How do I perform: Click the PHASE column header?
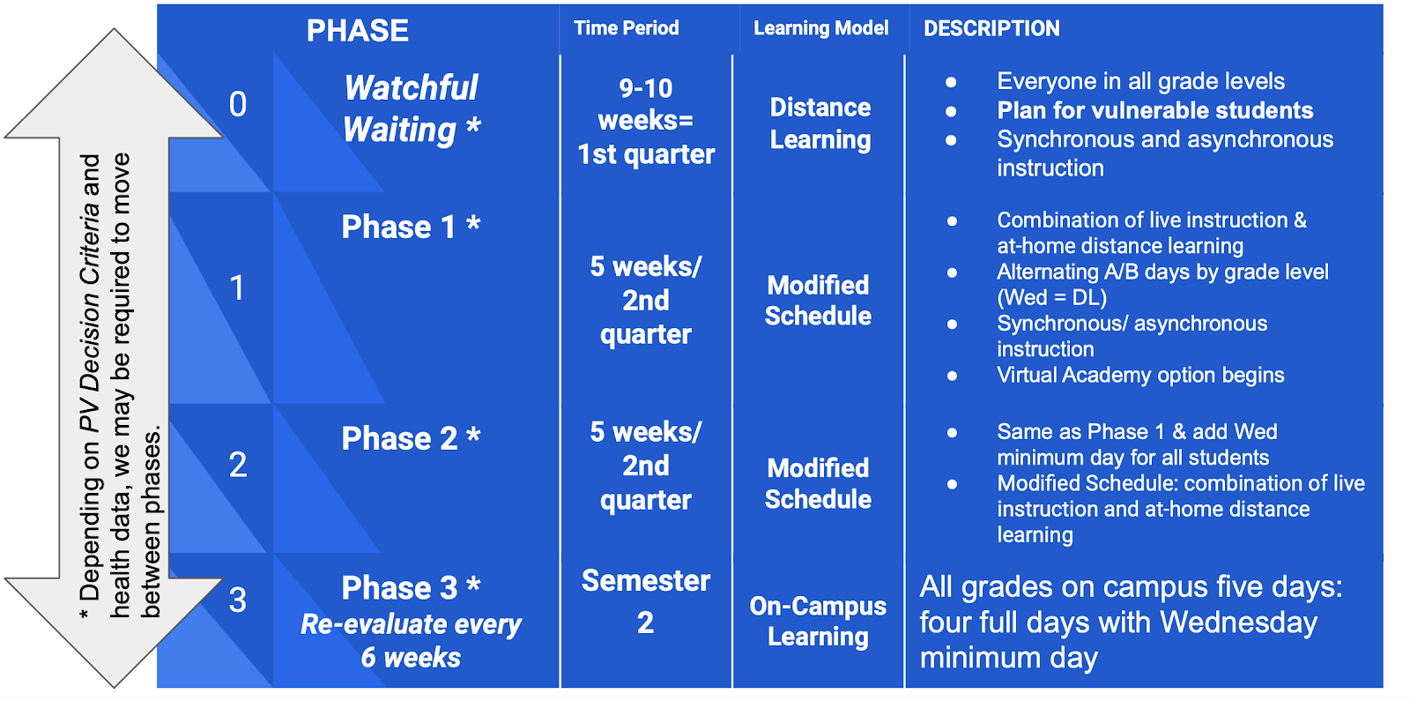click(358, 30)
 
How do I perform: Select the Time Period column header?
click(627, 27)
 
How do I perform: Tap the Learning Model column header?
click(820, 28)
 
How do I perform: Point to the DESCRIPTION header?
click(991, 28)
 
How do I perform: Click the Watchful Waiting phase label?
click(412, 108)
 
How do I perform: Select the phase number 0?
click(238, 104)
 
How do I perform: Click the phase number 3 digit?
click(238, 600)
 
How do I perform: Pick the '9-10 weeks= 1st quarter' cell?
click(646, 121)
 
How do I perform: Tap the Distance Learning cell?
click(820, 123)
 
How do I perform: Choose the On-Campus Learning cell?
click(818, 621)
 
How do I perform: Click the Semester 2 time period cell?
click(646, 601)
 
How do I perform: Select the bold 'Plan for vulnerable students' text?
click(1155, 110)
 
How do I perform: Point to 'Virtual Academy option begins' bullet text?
click(1140, 376)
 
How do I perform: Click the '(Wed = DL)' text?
click(1052, 297)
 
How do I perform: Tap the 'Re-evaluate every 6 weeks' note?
click(411, 640)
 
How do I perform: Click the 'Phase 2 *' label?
click(411, 438)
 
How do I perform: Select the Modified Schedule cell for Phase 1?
click(818, 301)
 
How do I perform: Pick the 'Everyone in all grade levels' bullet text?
click(1140, 81)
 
